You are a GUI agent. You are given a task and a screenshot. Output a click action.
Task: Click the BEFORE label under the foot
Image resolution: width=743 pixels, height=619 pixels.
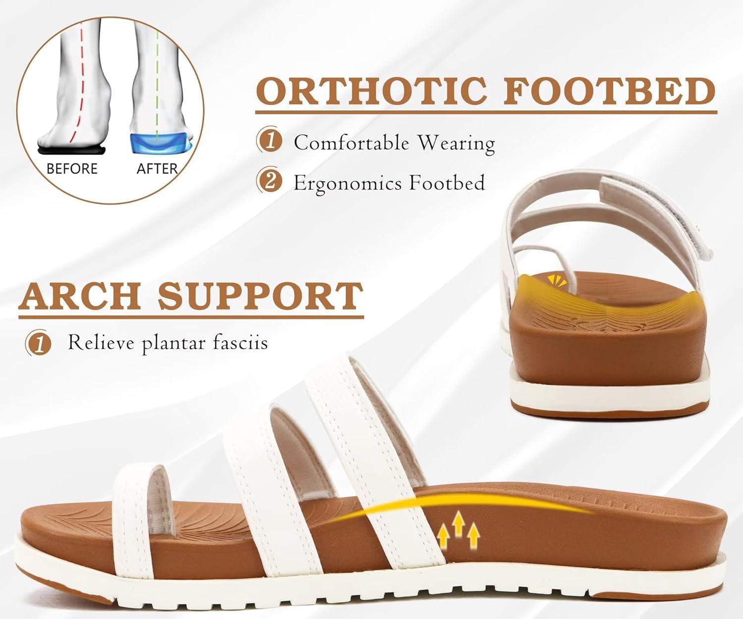[x=72, y=169]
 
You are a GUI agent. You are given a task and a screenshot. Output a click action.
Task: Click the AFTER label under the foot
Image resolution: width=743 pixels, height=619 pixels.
[x=157, y=169]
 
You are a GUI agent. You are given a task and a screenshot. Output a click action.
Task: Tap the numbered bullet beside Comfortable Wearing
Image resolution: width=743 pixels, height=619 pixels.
[x=269, y=142]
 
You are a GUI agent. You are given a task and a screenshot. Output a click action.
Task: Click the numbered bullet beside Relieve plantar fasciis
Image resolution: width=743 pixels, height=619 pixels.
[x=39, y=343]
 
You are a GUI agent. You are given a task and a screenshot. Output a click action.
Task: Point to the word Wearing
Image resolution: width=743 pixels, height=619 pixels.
[x=457, y=144]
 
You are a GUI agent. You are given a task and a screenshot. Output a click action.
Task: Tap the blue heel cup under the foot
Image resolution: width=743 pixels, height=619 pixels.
[x=160, y=144]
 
